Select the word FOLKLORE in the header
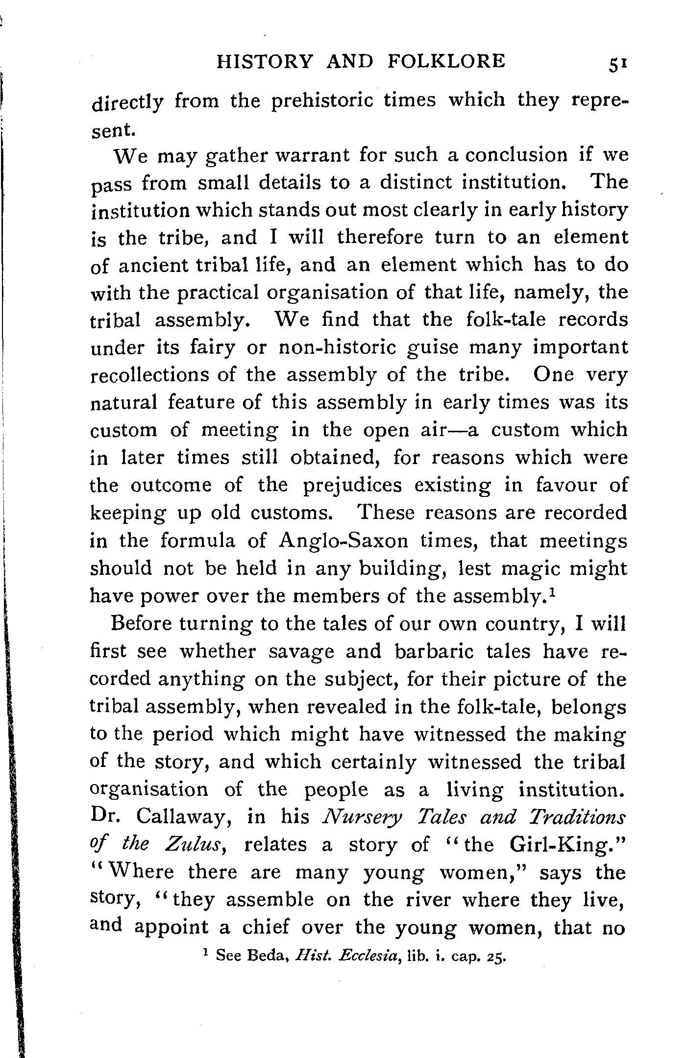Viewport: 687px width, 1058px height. [x=446, y=61]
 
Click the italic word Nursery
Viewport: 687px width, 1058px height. [x=363, y=817]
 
